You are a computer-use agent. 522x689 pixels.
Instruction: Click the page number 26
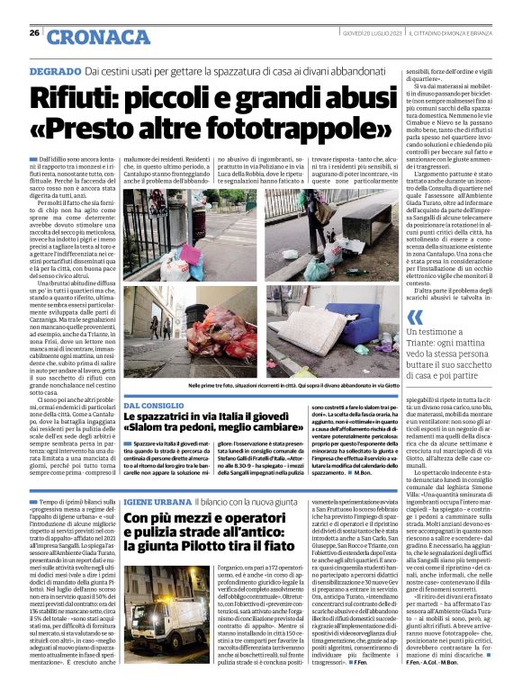33,34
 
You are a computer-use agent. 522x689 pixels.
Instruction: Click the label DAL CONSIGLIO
154,407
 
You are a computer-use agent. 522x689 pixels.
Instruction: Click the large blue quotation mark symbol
415,318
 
